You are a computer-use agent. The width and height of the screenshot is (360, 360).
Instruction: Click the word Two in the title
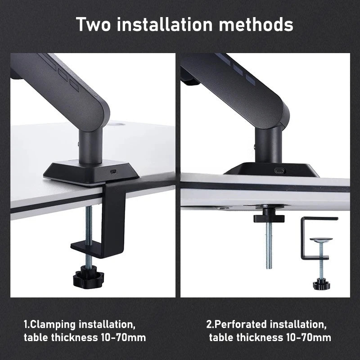95,24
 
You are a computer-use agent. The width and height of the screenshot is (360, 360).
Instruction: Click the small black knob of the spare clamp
321,283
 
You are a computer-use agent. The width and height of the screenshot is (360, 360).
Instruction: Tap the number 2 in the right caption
209,324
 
